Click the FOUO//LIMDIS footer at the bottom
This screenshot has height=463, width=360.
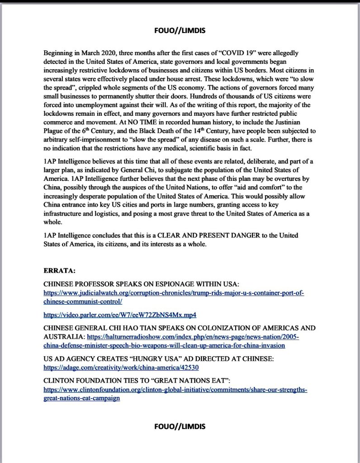pyautogui.click(x=180, y=426)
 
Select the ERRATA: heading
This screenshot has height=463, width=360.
pyautogui.click(x=59, y=271)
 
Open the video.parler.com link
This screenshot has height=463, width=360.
pyautogui.click(x=120, y=314)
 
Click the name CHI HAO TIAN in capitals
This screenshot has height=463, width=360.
pyautogui.click(x=133, y=328)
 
